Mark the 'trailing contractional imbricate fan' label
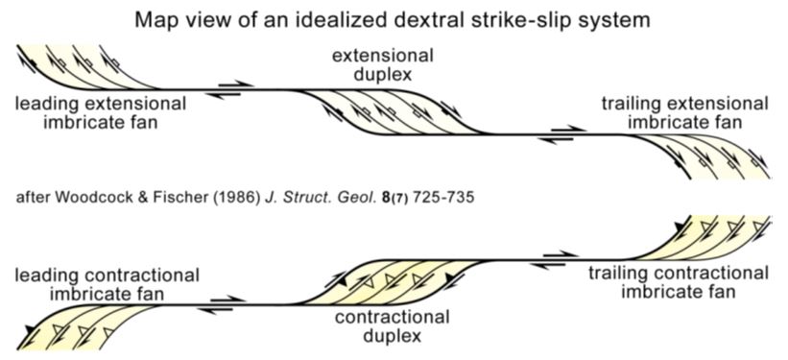coord(681,282)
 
